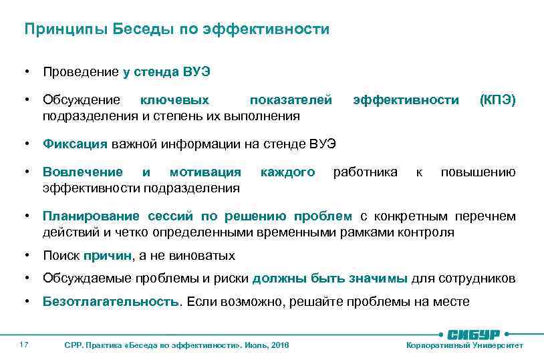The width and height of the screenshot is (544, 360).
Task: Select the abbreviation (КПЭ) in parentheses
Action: (497, 100)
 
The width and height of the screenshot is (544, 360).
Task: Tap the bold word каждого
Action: (287, 173)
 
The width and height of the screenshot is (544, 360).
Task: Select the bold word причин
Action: (110, 256)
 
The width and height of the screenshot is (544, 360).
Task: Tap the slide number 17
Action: (23, 345)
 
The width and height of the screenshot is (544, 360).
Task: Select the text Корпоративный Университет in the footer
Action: (464, 345)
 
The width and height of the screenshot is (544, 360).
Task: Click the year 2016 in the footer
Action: (281, 345)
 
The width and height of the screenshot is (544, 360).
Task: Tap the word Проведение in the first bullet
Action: (80, 71)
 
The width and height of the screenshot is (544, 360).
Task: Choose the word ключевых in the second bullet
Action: (174, 100)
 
